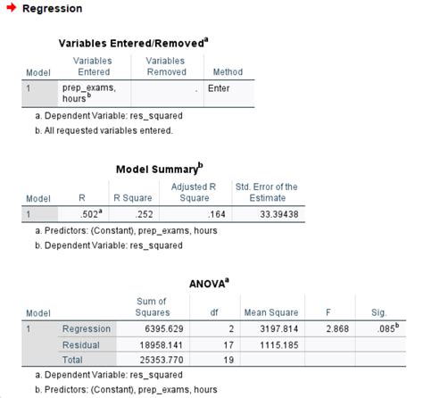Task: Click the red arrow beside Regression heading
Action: click(x=12, y=8)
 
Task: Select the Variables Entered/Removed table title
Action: click(x=133, y=42)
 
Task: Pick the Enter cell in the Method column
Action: click(x=219, y=88)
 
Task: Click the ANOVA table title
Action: click(x=210, y=283)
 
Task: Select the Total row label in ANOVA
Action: click(x=74, y=360)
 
